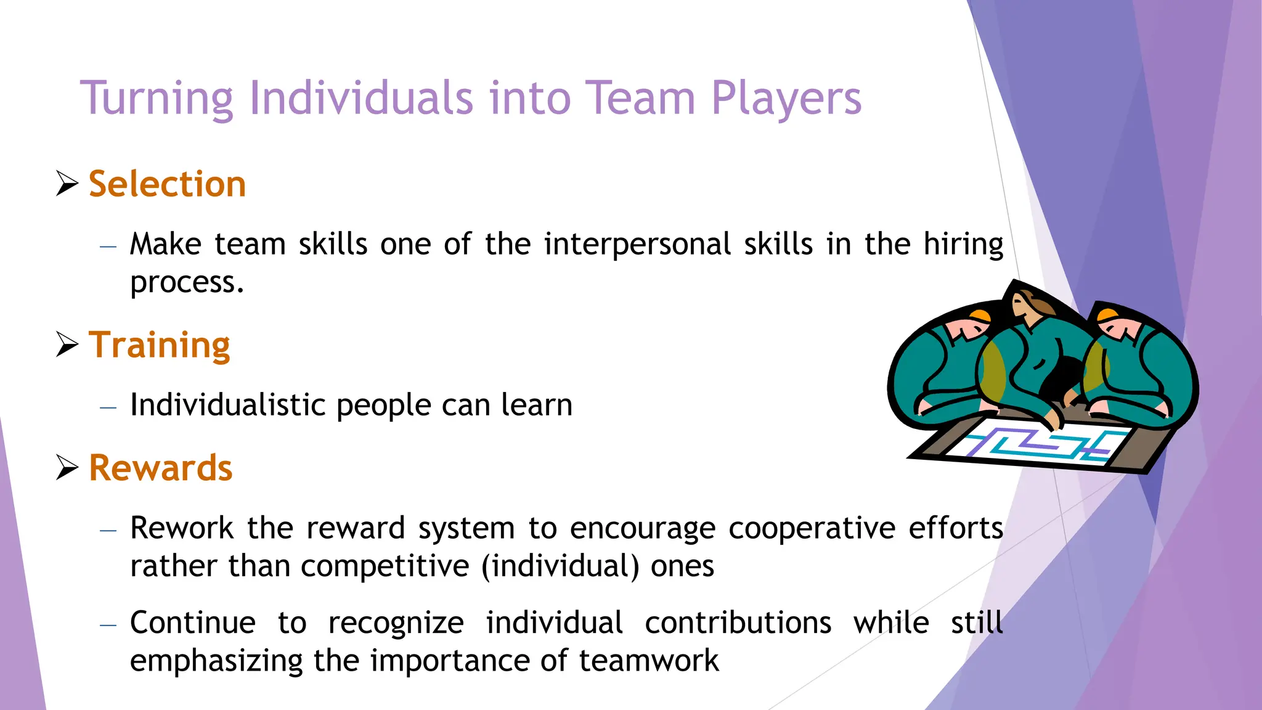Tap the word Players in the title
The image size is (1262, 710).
[786, 99]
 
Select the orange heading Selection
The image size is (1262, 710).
[167, 184]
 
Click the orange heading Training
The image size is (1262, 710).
[159, 345]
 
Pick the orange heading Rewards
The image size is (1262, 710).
[160, 468]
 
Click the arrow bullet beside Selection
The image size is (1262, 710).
[67, 184]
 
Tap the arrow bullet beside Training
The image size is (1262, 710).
[67, 344]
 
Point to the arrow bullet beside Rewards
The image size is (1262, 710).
[67, 467]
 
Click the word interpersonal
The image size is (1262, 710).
[637, 245]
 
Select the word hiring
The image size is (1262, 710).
[963, 245]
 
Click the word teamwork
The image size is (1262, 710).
[649, 661]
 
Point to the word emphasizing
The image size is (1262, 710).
[216, 661]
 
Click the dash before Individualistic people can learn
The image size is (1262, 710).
[108, 407]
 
